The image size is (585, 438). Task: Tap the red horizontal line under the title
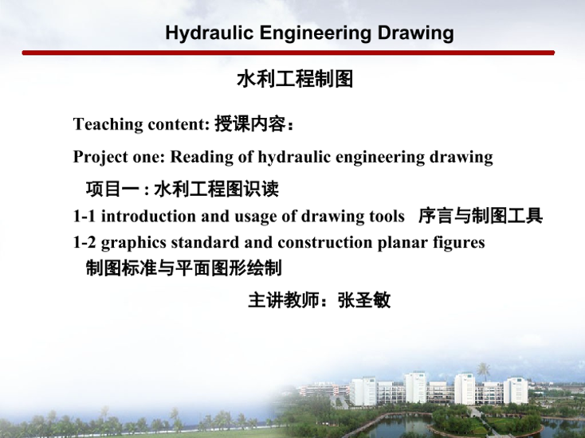click(288, 53)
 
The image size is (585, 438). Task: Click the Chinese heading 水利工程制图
click(295, 79)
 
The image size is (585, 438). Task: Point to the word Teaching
click(108, 124)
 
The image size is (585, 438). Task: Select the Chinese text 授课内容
click(249, 124)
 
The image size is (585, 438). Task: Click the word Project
click(100, 158)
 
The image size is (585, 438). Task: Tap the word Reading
click(202, 158)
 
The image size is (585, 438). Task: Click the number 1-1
click(84, 216)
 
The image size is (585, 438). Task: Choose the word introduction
click(148, 216)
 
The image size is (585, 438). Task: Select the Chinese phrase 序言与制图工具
click(480, 216)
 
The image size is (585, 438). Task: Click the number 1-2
click(84, 243)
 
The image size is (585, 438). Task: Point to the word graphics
click(134, 243)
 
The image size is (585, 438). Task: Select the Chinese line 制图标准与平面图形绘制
click(183, 268)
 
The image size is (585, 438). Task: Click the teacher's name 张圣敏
click(364, 300)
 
